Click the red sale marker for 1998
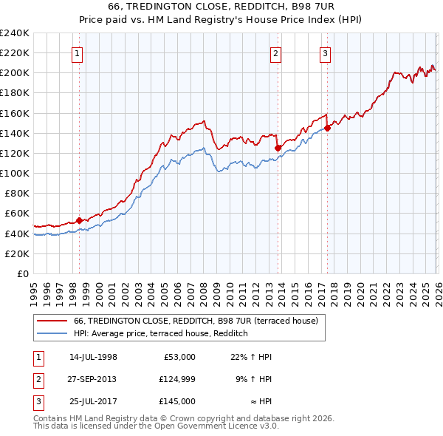pos(79,220)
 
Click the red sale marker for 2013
pos(278,148)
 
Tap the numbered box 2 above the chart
pos(275,52)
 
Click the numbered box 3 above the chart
pos(325,52)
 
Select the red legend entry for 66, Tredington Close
pos(196,321)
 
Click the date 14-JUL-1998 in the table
pos(93,357)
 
